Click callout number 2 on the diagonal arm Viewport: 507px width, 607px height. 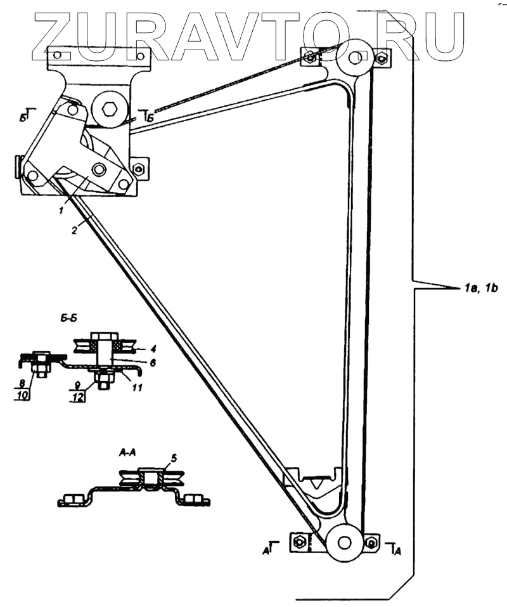74,232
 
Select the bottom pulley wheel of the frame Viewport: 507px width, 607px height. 344,543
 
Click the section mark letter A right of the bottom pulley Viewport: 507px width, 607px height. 397,551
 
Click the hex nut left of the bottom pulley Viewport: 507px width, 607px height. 300,542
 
